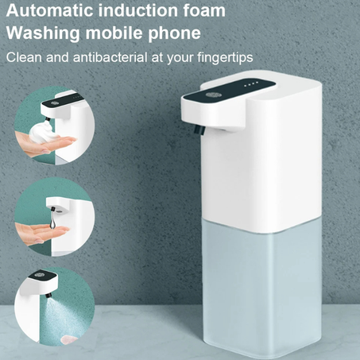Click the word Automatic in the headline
point(50,10)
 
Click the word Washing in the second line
point(43,33)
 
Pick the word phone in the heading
point(174,33)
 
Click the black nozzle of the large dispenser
point(199,130)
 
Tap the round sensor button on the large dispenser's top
point(211,95)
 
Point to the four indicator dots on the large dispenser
point(251,84)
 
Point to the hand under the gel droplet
point(40,233)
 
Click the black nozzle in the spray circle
point(48,295)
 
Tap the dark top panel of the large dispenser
point(230,91)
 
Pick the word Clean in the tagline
point(24,57)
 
